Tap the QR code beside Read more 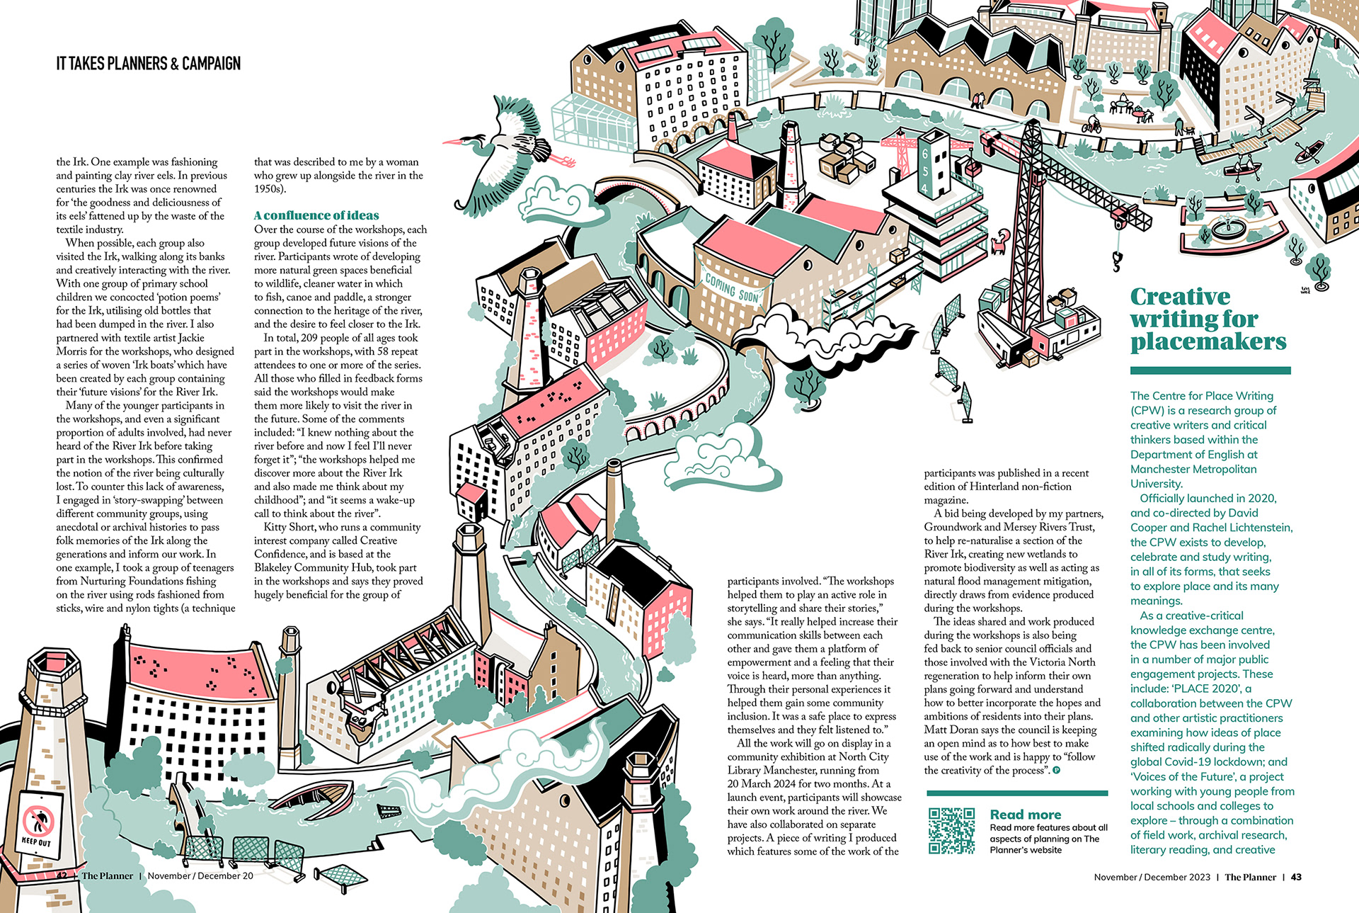click(951, 830)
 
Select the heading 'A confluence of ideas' click(316, 215)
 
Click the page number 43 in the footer click(1296, 877)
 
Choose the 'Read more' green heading click(1025, 815)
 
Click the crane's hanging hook click(1118, 263)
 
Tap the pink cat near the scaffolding click(1000, 241)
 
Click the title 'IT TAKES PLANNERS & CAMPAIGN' click(149, 64)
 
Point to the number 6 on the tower click(924, 154)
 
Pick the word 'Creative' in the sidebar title click(1180, 296)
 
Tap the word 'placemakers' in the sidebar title click(1208, 341)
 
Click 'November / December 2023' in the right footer click(1152, 877)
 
